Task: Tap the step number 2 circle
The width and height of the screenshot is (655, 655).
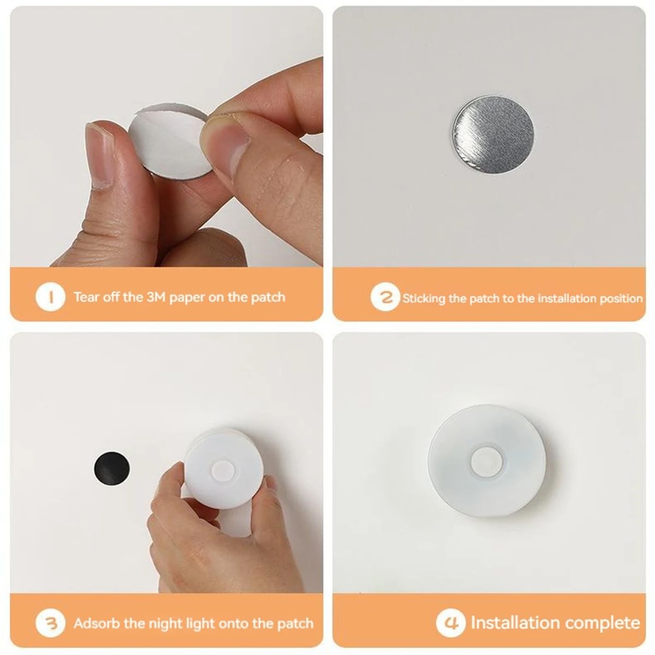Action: (384, 298)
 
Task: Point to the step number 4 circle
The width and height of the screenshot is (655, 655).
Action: (451, 623)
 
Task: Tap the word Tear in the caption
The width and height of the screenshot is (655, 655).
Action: (88, 297)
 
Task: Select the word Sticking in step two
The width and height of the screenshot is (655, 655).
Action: (424, 299)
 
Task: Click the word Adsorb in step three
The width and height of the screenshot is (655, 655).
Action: (95, 623)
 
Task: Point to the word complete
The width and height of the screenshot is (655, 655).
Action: (603, 622)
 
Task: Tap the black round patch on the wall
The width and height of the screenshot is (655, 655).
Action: (110, 467)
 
